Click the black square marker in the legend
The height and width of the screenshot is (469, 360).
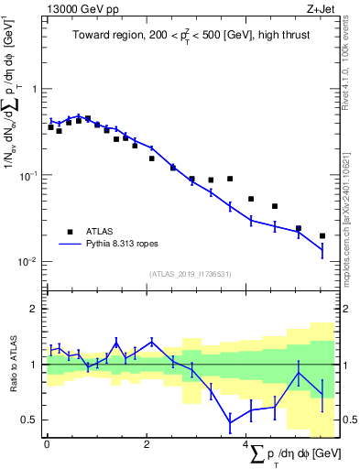70,231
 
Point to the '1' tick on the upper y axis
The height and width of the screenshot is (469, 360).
35,89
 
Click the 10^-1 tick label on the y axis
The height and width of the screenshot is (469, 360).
29,175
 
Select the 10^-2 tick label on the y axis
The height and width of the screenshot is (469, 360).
29,261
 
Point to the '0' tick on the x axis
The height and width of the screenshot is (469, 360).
47,444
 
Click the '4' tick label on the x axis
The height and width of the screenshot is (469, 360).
245,444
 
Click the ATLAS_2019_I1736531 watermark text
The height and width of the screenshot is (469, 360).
190,273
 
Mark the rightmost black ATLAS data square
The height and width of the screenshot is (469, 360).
322,235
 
